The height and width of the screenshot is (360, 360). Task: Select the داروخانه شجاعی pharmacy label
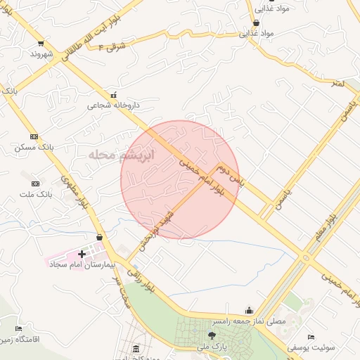(x=113, y=105)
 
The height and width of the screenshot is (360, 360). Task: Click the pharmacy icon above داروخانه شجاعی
(x=113, y=95)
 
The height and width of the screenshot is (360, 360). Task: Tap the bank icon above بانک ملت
(x=36, y=184)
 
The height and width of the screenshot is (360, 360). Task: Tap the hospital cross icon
(x=82, y=254)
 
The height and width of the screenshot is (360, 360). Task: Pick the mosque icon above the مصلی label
(x=249, y=310)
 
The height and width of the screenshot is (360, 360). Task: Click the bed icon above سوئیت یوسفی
(x=311, y=337)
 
